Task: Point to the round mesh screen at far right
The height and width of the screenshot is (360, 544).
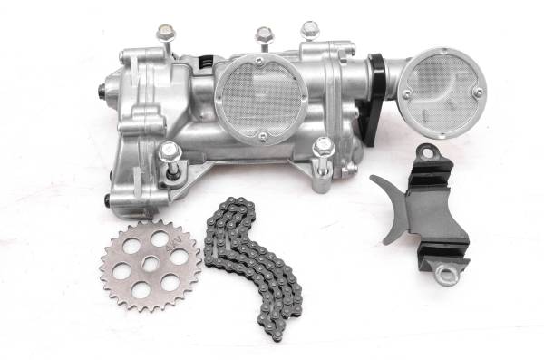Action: tap(442, 92)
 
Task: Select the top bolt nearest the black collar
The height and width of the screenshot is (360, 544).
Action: tap(309, 30)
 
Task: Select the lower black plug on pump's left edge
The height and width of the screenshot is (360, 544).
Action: tap(109, 200)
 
